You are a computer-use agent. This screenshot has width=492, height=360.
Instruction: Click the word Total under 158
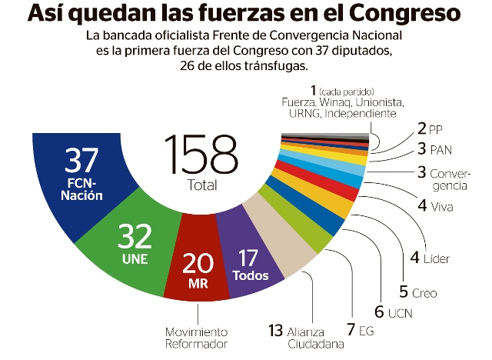201,185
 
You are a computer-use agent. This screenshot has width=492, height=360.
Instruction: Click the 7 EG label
361,331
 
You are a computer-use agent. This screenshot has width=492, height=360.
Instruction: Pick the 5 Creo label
417,292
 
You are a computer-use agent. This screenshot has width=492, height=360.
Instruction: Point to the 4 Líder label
435,258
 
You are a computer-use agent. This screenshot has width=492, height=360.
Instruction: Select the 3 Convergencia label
447,178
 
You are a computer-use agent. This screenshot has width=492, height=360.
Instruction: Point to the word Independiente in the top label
361,114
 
